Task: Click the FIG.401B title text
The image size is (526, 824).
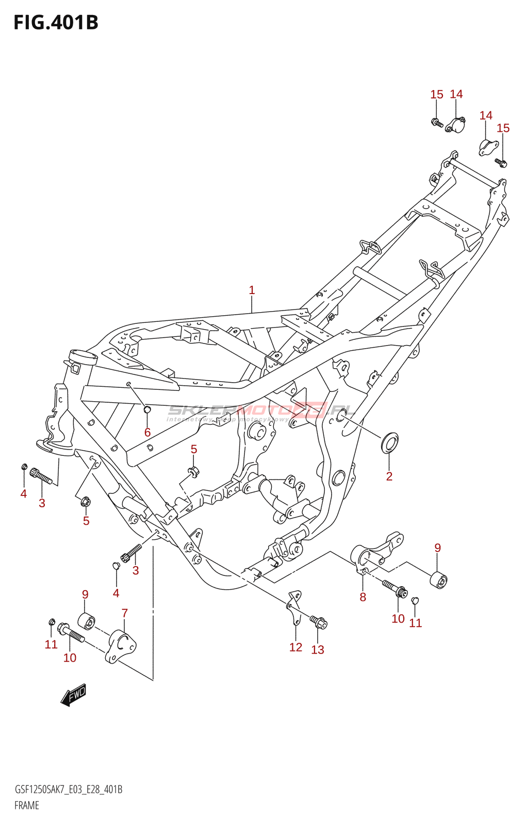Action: pyautogui.click(x=56, y=23)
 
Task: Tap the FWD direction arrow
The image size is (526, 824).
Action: pyautogui.click(x=74, y=695)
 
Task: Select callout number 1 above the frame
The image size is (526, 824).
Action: pyautogui.click(x=252, y=290)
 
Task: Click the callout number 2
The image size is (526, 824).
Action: pyautogui.click(x=389, y=476)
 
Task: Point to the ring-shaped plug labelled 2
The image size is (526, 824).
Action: pyautogui.click(x=389, y=442)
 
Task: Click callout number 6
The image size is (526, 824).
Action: pyautogui.click(x=147, y=433)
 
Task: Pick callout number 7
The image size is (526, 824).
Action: pyautogui.click(x=124, y=613)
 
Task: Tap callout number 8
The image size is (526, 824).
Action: pyautogui.click(x=363, y=597)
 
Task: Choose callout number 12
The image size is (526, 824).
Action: pyautogui.click(x=295, y=647)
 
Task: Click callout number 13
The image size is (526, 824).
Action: pyautogui.click(x=318, y=650)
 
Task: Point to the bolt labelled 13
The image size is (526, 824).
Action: pyautogui.click(x=318, y=622)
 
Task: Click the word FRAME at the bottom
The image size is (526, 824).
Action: pyautogui.click(x=27, y=805)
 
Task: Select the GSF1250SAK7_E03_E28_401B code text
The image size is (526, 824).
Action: pyautogui.click(x=69, y=789)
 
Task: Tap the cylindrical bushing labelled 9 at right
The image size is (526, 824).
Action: pyautogui.click(x=439, y=580)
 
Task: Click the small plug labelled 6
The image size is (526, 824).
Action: pyautogui.click(x=146, y=409)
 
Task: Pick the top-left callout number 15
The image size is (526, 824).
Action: pyautogui.click(x=437, y=95)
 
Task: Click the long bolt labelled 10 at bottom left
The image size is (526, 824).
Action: pyautogui.click(x=71, y=633)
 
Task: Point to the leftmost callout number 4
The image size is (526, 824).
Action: pyautogui.click(x=24, y=494)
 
